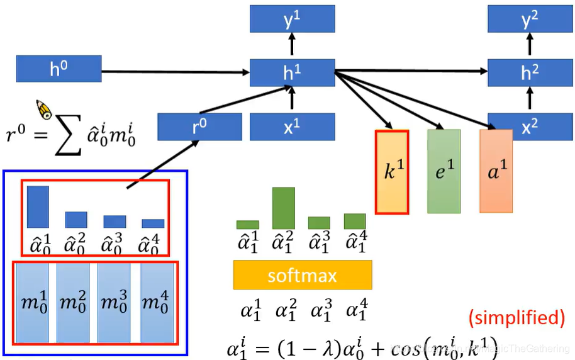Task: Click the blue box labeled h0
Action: point(59,69)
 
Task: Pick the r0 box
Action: point(199,127)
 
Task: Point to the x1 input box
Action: point(292,127)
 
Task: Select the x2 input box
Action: point(530,127)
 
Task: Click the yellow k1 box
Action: point(392,171)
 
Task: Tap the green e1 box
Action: point(444,171)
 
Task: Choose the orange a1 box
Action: point(496,171)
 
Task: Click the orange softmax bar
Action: point(303,275)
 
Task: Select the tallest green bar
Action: point(284,208)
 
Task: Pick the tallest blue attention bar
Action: point(38,206)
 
